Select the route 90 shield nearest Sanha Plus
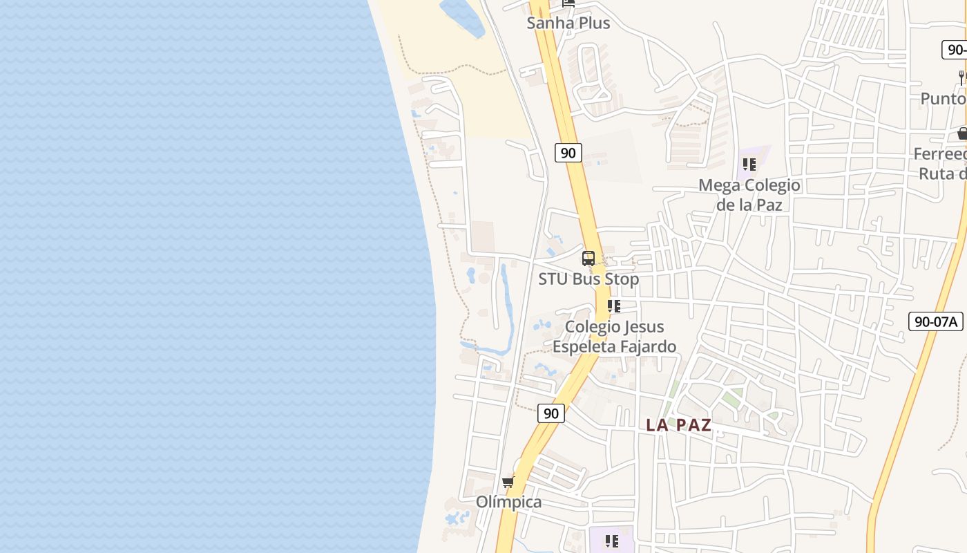(568, 153)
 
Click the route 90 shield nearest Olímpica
(550, 413)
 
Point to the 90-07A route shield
(935, 321)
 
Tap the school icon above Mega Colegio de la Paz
(749, 165)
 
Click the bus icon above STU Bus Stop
(588, 259)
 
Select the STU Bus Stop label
(588, 279)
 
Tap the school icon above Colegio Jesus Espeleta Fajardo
(613, 306)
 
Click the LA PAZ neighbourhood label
(678, 425)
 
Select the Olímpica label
(508, 502)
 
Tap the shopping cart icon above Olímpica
(508, 482)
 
